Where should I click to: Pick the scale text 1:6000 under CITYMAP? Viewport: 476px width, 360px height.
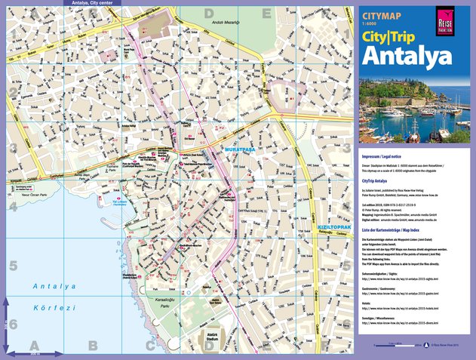(x=369, y=21)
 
